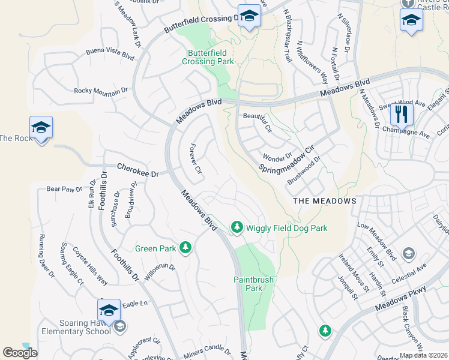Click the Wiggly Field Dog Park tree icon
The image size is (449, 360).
click(x=238, y=227)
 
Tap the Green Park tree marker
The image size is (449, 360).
click(x=185, y=247)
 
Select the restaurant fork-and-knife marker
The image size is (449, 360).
click(x=402, y=113)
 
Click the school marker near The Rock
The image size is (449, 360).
click(x=41, y=128)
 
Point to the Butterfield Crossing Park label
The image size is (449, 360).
click(x=207, y=57)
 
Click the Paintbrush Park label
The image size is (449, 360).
click(x=248, y=283)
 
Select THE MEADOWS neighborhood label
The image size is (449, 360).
click(x=325, y=201)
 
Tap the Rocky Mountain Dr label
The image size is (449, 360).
click(x=101, y=91)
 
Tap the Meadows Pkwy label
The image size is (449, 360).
click(x=400, y=298)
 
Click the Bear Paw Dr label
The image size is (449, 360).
click(x=64, y=189)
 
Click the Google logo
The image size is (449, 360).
click(x=20, y=353)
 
